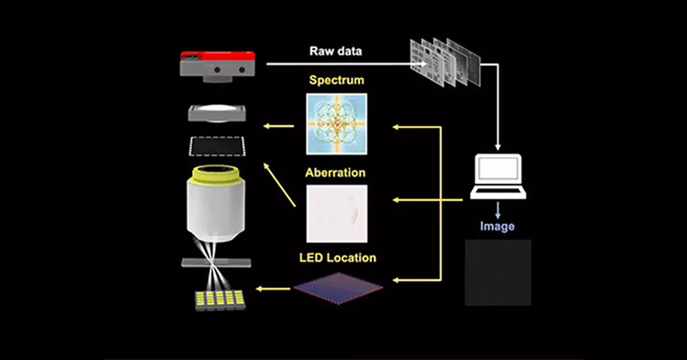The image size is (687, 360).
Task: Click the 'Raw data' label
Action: (335, 51)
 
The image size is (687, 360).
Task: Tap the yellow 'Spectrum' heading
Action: (336, 80)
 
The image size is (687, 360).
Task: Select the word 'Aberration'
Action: (335, 172)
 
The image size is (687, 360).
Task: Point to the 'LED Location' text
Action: (337, 258)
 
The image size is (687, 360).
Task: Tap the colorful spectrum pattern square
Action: (336, 124)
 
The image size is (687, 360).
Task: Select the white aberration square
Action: (336, 213)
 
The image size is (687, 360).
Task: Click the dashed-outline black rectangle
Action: (217, 146)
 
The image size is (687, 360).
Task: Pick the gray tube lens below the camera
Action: (217, 113)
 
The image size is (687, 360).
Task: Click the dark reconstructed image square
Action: (498, 272)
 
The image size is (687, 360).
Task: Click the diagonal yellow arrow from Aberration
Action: (279, 184)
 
